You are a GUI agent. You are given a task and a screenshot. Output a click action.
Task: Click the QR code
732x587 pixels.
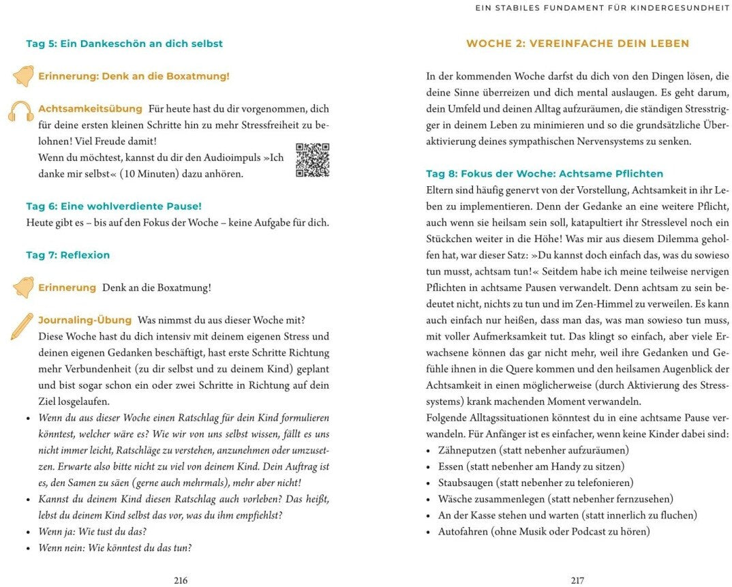(312, 160)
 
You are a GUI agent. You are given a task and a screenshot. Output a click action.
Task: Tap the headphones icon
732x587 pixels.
(21, 112)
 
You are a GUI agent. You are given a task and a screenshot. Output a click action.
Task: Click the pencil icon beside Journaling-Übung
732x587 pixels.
(21, 326)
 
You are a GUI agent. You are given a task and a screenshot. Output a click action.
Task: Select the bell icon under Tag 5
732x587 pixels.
(22, 76)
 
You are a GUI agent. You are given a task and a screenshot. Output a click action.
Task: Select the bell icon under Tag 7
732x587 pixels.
(22, 288)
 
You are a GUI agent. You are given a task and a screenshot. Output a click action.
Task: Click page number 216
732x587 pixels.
(181, 580)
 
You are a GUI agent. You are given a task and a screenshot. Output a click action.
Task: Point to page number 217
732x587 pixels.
(577, 580)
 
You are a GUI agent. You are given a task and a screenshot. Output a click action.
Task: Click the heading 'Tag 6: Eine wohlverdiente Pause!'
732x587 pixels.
(114, 206)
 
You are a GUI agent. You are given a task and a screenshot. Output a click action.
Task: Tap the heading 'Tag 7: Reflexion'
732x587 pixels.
(67, 255)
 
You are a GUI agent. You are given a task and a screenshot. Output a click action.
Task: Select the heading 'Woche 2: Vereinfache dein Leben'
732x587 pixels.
(577, 44)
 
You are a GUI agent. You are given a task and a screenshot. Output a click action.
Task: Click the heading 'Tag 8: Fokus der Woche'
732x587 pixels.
(544, 174)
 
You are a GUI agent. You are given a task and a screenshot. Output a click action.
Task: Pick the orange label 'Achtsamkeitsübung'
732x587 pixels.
(90, 109)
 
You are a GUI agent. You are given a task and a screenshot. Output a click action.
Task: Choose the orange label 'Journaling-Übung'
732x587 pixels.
(85, 320)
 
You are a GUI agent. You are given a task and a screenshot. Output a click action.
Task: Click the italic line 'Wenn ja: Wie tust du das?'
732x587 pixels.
(92, 532)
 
